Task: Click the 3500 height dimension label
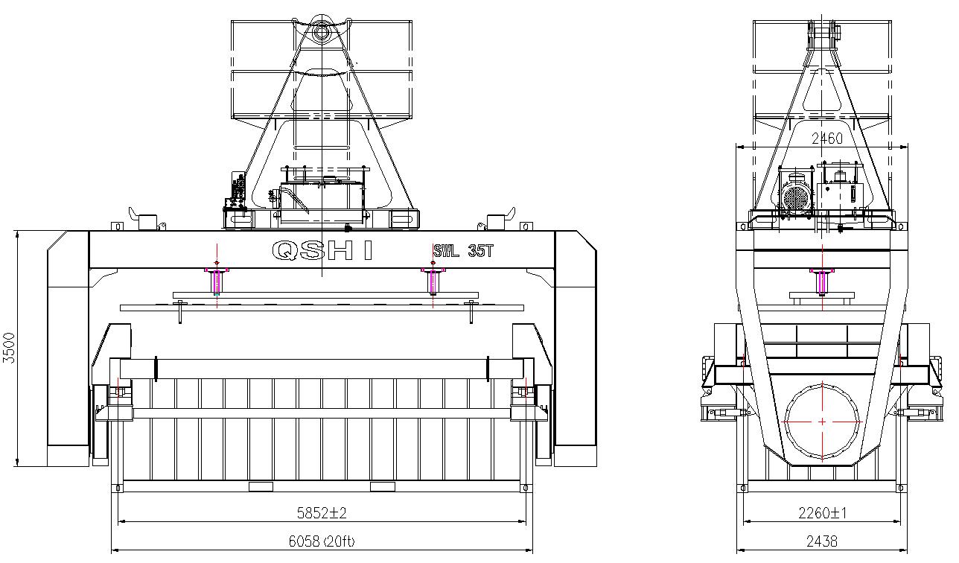pos(9,348)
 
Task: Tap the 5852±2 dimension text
pos(322,512)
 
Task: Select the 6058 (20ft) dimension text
pos(322,541)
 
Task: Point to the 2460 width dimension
pos(826,138)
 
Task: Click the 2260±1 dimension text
pos(822,512)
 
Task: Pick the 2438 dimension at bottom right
pos(821,541)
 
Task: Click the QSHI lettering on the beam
pos(322,250)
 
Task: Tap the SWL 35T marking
pos(464,250)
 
